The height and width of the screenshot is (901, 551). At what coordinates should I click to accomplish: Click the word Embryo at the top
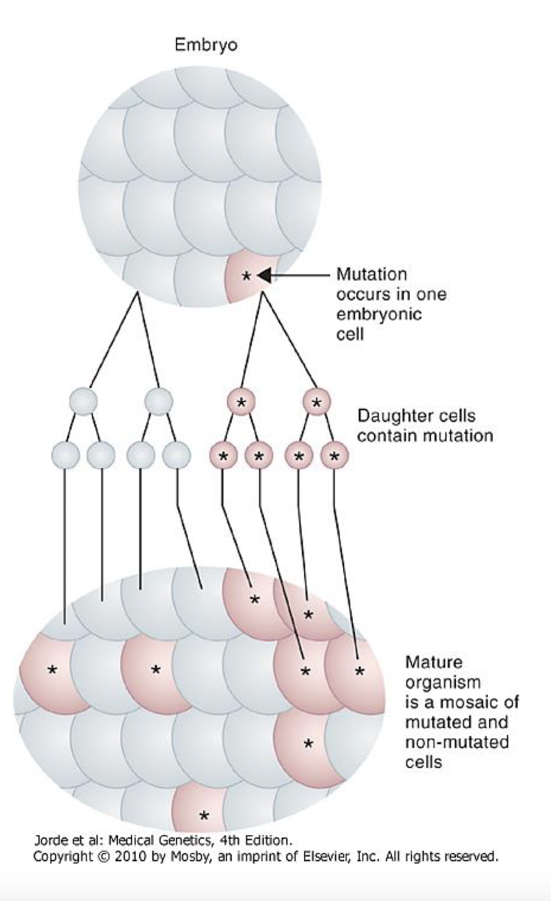[x=206, y=46]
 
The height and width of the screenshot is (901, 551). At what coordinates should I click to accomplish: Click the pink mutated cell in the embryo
[x=245, y=277]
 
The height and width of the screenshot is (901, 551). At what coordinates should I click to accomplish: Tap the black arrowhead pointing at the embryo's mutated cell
[x=264, y=276]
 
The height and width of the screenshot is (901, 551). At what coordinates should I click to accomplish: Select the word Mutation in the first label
[x=371, y=274]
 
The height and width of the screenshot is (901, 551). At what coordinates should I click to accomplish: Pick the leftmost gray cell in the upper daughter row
[x=83, y=401]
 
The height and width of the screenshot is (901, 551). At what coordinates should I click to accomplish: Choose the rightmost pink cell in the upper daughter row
[x=316, y=402]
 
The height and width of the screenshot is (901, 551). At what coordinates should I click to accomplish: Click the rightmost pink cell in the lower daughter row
[x=334, y=456]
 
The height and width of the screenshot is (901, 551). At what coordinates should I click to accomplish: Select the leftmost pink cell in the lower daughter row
[x=223, y=456]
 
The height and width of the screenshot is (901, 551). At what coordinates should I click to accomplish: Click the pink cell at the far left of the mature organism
[x=50, y=670]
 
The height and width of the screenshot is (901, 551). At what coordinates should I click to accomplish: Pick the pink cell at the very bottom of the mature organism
[x=203, y=811]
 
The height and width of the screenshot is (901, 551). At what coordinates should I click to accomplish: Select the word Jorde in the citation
[x=50, y=839]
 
